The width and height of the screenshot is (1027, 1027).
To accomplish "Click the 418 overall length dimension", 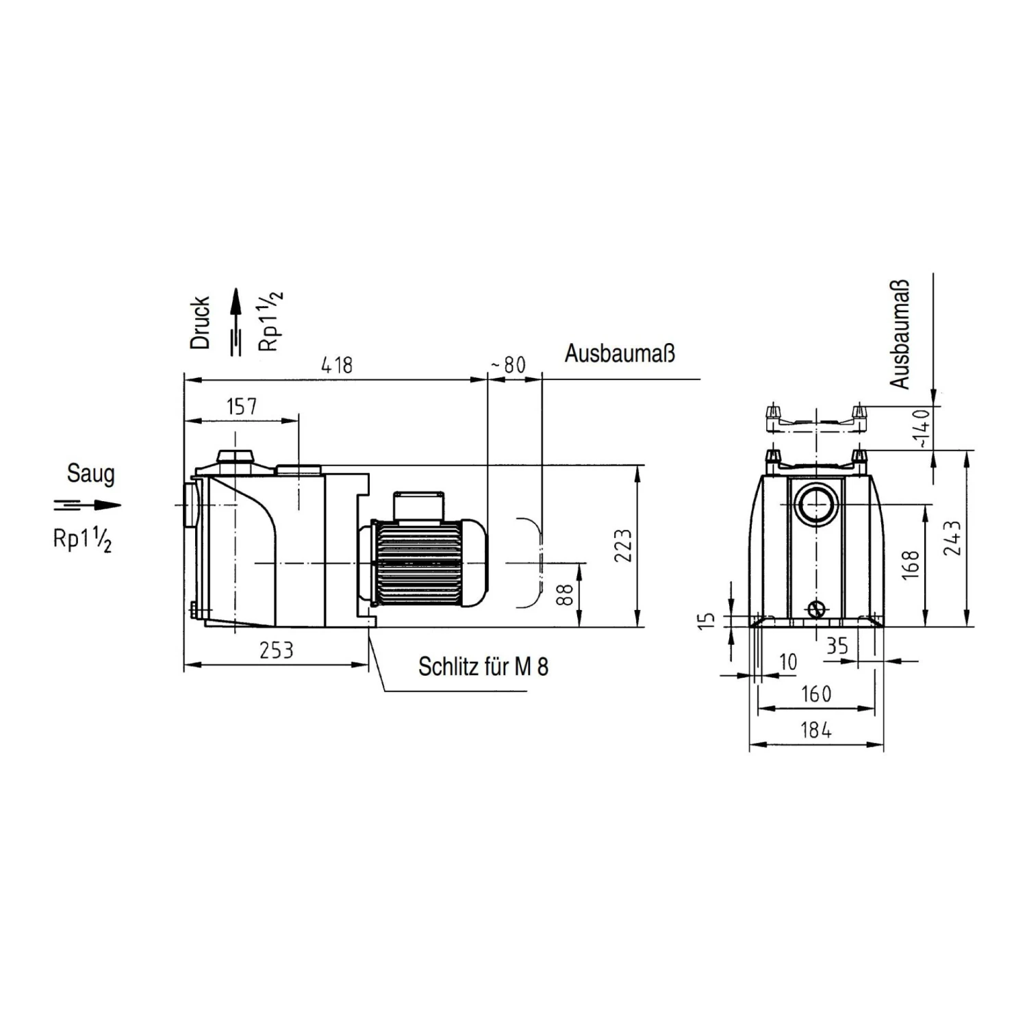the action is pos(337,365).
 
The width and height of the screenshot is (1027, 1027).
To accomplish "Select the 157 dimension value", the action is pos(242,407).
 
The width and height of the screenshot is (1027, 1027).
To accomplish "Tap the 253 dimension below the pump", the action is pos(277,650).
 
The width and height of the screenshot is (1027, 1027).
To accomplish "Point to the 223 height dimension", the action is pos(623,546).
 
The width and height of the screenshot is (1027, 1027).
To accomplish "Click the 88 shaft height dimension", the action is pos(565,594).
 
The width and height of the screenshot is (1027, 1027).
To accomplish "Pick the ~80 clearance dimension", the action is pos(508,365).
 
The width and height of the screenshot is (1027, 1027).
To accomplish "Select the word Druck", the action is pos(200,322).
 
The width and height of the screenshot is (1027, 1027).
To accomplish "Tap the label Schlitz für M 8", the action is pos(483,666).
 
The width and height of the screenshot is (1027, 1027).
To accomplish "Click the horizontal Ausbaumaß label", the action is pos(620,353).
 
